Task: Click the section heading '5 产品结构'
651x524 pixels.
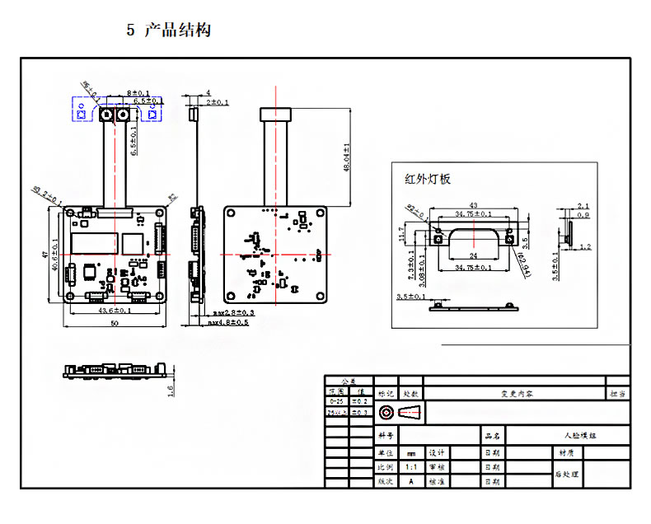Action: tap(169, 30)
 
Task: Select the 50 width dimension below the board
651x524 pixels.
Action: tap(115, 324)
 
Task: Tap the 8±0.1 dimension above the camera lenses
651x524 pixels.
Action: tap(138, 92)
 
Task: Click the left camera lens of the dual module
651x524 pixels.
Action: tap(108, 115)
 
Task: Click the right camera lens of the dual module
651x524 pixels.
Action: tap(124, 115)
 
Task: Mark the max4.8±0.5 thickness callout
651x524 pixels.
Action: tap(227, 323)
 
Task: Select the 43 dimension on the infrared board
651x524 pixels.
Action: tap(473, 205)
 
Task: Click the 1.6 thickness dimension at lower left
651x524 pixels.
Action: tap(171, 391)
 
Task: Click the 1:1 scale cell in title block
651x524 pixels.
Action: tap(410, 466)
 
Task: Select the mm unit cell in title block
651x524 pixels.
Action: tap(410, 452)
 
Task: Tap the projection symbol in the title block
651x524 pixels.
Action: tap(398, 411)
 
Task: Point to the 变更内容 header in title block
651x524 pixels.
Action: tap(516, 394)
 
